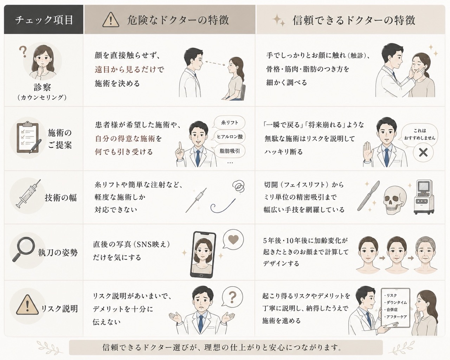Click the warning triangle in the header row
point(111,20)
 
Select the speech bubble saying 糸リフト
point(229,123)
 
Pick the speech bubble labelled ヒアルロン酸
point(229,137)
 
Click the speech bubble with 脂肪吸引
point(229,151)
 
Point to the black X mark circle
point(423,152)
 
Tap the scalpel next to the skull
point(368,195)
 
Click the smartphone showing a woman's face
point(202,254)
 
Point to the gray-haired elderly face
point(425,255)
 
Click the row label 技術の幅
point(60,198)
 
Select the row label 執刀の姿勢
point(58,253)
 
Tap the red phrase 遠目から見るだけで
point(129,70)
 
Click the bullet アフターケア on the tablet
point(396,317)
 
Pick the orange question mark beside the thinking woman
point(22,51)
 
